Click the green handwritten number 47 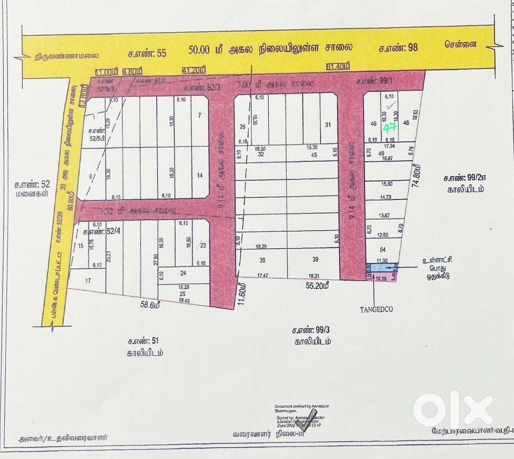pos(390,127)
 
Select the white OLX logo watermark pos(452,410)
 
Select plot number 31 pos(327,125)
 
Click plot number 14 pos(199,175)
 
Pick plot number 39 pos(315,260)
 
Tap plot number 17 pos(88,281)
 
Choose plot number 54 pos(382,249)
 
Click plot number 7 pos(199,115)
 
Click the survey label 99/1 pos(367,81)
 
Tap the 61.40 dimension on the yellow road pos(338,66)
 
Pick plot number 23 pos(203,245)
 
